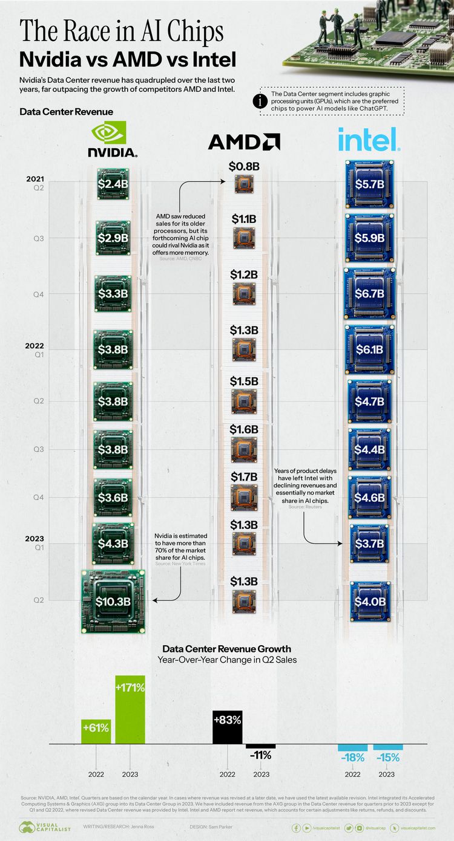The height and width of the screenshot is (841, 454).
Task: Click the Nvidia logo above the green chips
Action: coord(113,139)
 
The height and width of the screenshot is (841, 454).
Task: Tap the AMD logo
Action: coord(244,142)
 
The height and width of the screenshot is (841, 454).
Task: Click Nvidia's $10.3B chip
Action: coord(113,601)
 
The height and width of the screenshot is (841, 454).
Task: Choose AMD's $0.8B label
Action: coord(244,166)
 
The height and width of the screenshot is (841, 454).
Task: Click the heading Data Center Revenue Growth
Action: coord(226,649)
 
